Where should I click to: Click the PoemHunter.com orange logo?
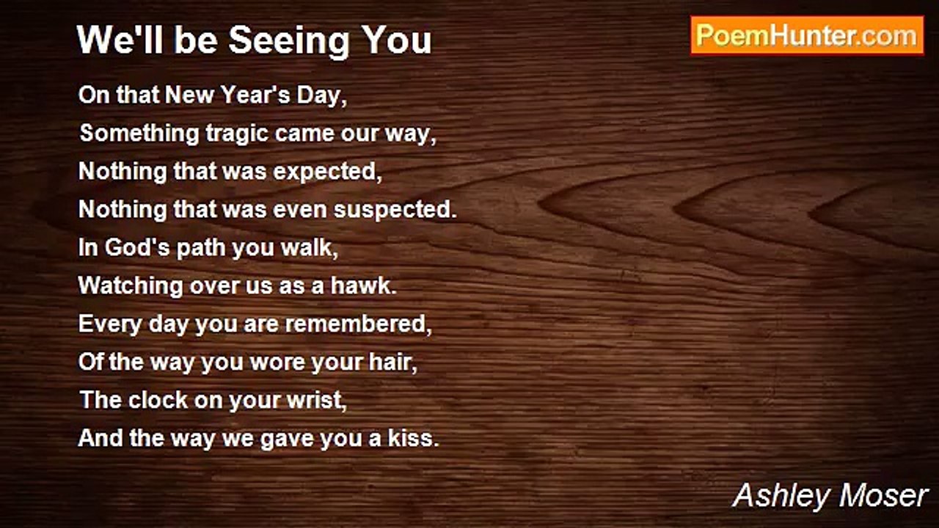(x=807, y=35)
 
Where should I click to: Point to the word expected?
(x=328, y=172)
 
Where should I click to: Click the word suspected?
(x=395, y=210)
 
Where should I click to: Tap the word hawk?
(x=363, y=286)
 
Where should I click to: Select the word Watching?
(x=131, y=287)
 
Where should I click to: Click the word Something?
(x=139, y=134)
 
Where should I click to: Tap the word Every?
(x=110, y=325)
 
